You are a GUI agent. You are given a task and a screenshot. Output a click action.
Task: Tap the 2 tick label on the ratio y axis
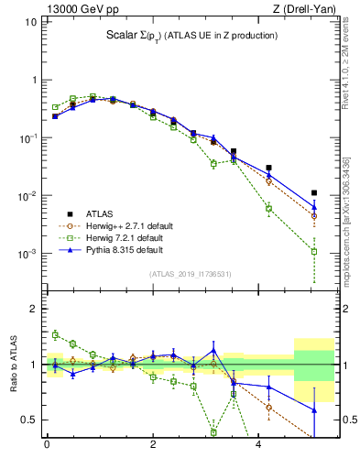[x=34, y=309]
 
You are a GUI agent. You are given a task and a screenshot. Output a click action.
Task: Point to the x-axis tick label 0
[x=47, y=446]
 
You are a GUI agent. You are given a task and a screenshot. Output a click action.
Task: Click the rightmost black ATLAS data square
[x=314, y=193]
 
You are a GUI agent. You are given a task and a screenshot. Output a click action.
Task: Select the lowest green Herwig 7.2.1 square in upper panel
[x=314, y=251]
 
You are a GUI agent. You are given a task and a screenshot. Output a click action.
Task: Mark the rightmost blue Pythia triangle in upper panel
[x=314, y=207]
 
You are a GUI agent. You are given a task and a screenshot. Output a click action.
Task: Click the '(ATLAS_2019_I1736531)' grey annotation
[x=191, y=273]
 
